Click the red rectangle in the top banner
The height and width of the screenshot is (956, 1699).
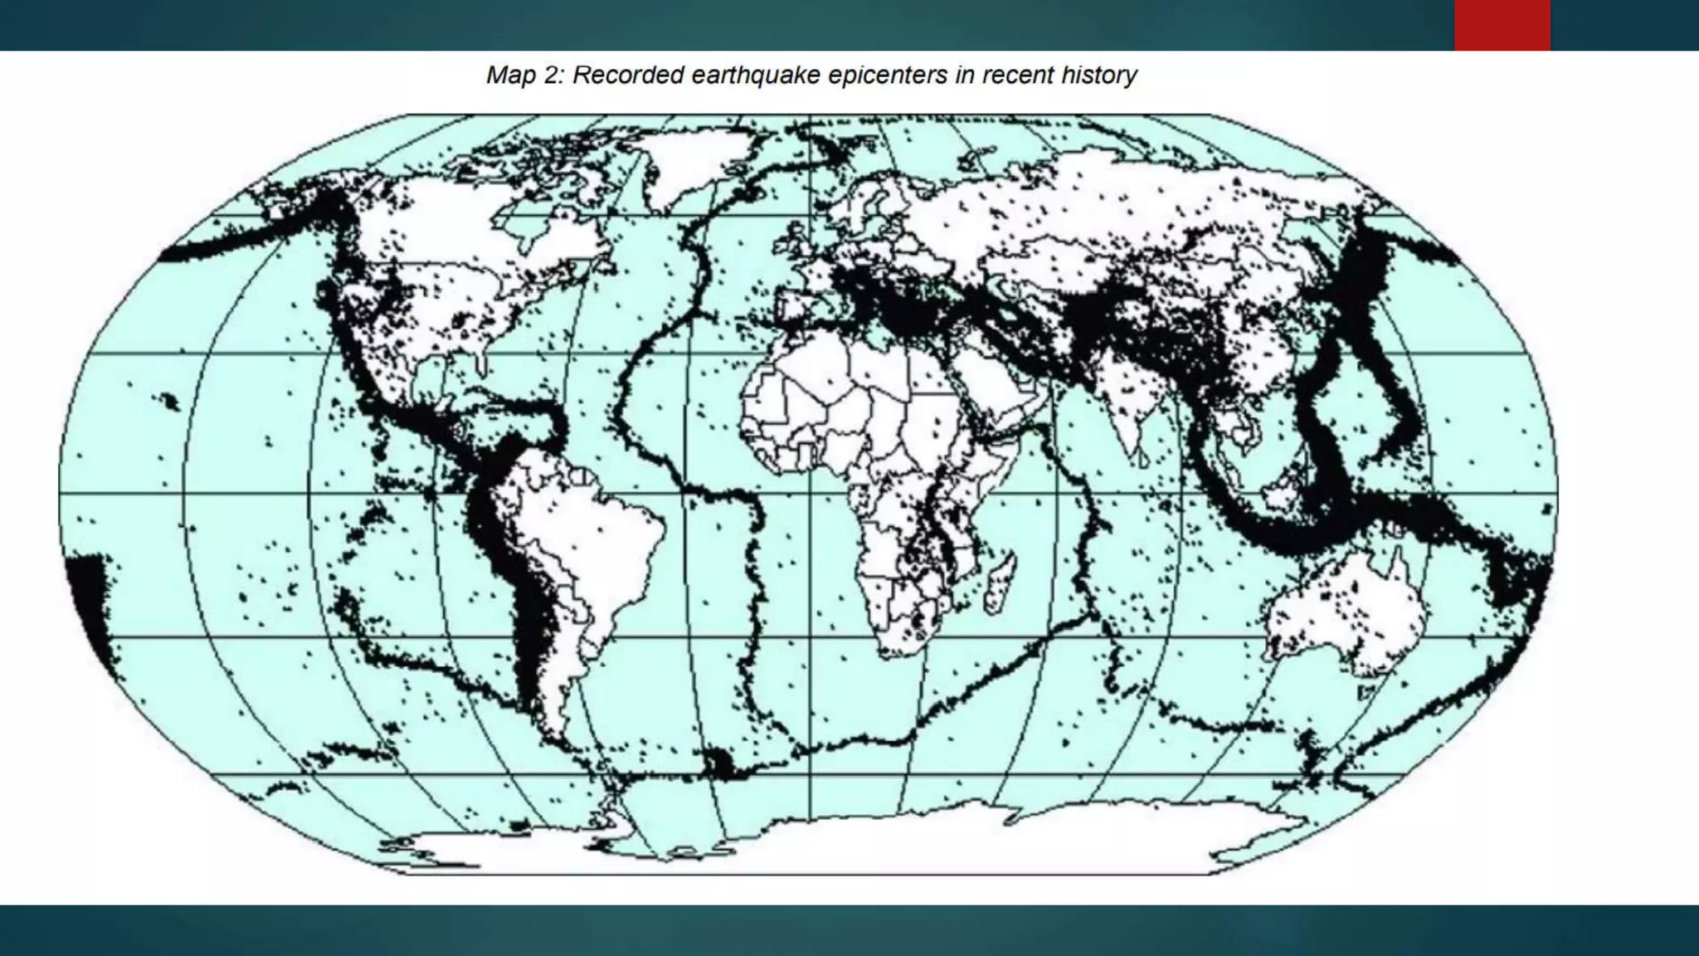(x=1502, y=25)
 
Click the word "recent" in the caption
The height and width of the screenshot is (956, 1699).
(x=1018, y=76)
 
